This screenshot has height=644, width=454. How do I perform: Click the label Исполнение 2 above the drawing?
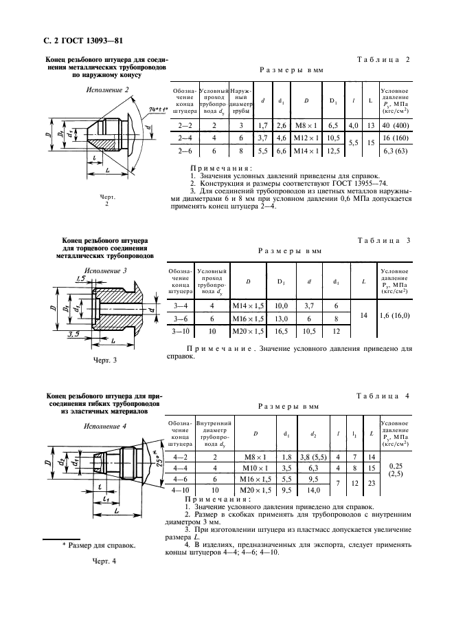[106, 90]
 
